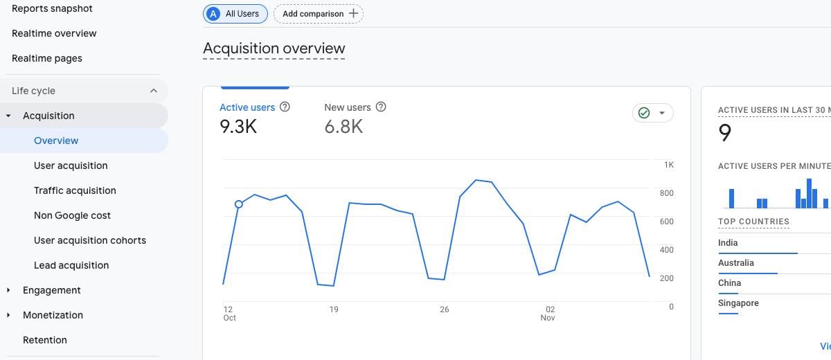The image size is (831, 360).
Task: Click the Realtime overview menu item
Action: pyautogui.click(x=54, y=33)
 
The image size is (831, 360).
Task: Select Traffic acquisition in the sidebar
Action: pyautogui.click(x=75, y=190)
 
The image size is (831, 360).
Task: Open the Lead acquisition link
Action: pyautogui.click(x=71, y=265)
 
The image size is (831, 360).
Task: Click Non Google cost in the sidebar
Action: pyautogui.click(x=72, y=215)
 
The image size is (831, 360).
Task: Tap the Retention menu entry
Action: pyautogui.click(x=45, y=340)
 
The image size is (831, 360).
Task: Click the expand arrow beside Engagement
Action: pyautogui.click(x=8, y=290)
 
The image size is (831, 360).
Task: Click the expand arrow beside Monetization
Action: pyautogui.click(x=8, y=315)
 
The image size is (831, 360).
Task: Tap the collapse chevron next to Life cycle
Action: pyautogui.click(x=153, y=91)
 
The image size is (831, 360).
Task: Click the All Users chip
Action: pyautogui.click(x=235, y=14)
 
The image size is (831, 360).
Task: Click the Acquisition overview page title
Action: pyautogui.click(x=274, y=48)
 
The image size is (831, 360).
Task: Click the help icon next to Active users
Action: pyautogui.click(x=285, y=107)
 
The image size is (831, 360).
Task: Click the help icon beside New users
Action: pyautogui.click(x=380, y=107)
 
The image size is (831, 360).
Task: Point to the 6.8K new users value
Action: pyautogui.click(x=343, y=127)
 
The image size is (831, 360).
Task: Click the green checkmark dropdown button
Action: pyautogui.click(x=652, y=113)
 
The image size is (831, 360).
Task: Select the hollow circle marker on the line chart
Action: pyautogui.click(x=239, y=204)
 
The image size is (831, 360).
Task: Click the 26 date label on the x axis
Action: pyautogui.click(x=444, y=309)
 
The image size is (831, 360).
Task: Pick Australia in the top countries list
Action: pyautogui.click(x=736, y=263)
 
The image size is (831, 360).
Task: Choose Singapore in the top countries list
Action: pyautogui.click(x=738, y=303)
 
